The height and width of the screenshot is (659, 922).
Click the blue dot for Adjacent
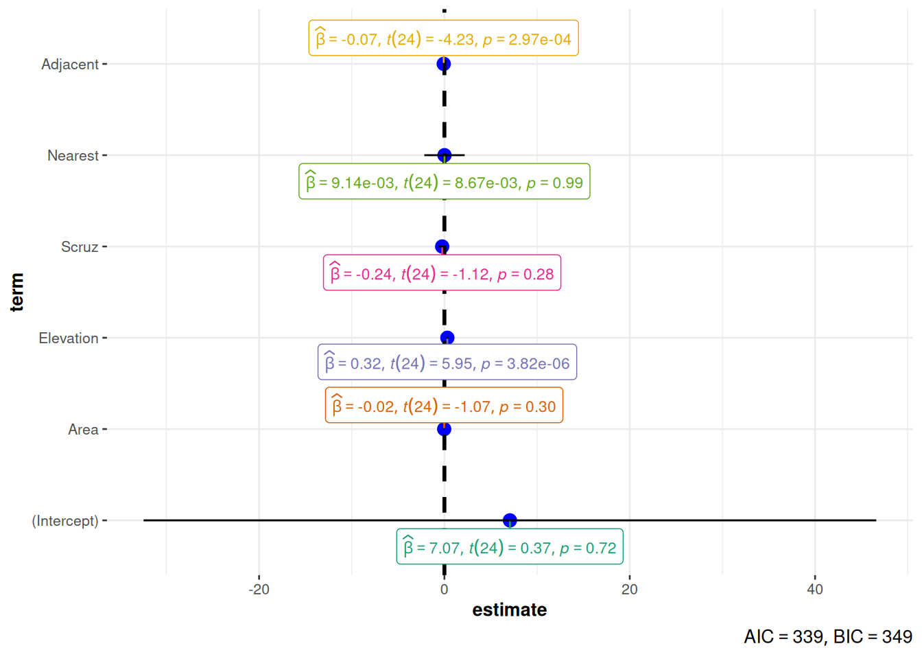coord(444,64)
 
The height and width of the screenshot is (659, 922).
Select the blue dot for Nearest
coord(445,155)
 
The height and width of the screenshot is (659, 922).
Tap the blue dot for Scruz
coord(442,246)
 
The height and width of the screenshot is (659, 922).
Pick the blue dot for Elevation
coord(447,338)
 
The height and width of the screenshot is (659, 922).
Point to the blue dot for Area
coord(445,429)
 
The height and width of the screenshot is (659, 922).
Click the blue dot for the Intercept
coord(510,520)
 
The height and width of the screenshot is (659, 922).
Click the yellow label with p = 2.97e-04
coord(443,38)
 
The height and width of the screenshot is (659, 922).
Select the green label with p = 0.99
coord(445,182)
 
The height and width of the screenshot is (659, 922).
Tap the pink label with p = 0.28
coord(442,273)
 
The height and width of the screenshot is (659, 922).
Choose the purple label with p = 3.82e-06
coord(447,362)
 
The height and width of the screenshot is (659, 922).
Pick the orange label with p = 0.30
coord(444,406)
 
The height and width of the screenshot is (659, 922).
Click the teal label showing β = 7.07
coord(510,547)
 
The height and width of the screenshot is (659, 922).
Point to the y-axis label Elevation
coord(69,338)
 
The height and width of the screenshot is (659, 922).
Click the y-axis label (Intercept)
coord(65,520)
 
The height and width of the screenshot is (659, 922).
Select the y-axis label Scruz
coord(80,246)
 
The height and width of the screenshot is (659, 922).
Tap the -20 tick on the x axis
coord(259,589)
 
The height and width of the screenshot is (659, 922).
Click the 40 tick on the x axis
coord(814,589)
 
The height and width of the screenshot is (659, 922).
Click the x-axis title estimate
coord(510,610)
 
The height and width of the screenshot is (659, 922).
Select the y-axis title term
coord(17,292)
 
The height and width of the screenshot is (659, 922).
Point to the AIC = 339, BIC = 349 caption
coord(827,636)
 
